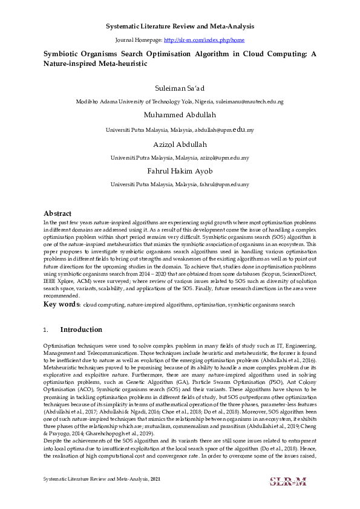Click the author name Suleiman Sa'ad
click(180, 89)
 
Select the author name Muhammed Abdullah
click(180, 115)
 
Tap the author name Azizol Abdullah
click(180, 144)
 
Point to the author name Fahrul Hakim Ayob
click(180, 171)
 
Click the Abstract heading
click(57, 213)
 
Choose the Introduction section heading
click(81, 330)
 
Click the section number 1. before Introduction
click(46, 330)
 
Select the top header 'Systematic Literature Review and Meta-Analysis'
click(180, 27)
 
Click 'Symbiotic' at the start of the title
click(61, 54)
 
